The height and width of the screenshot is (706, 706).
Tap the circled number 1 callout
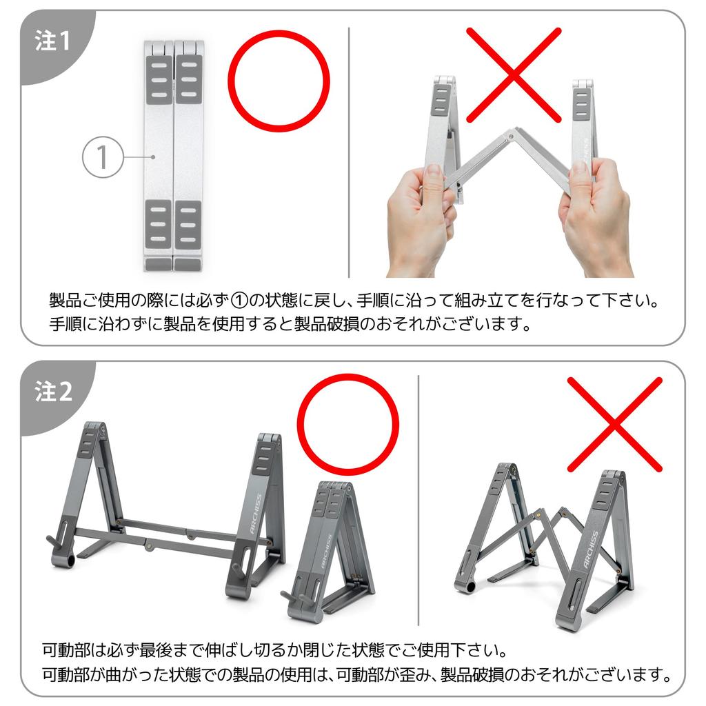(102, 158)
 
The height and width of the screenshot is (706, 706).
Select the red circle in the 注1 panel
(279, 81)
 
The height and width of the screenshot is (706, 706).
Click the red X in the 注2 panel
(614, 424)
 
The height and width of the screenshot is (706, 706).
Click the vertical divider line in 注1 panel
(349, 152)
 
